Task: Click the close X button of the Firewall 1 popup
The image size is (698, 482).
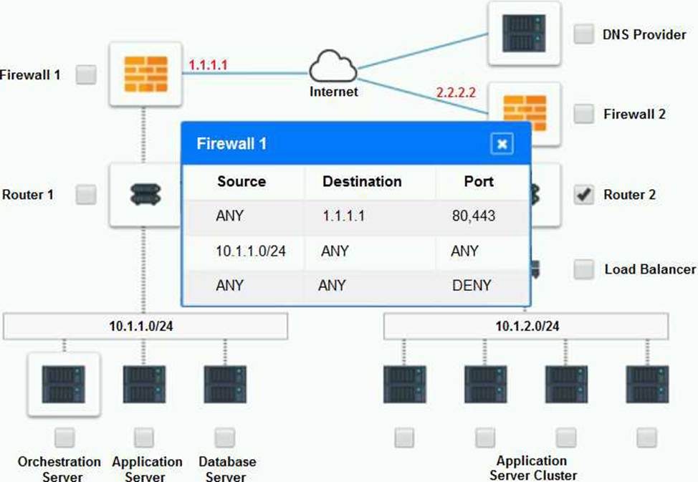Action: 502,144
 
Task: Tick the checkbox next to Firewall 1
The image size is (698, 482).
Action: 87,74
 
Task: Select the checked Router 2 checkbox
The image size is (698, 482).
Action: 585,195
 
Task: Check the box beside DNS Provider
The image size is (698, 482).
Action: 584,34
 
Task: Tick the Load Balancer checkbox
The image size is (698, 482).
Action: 585,269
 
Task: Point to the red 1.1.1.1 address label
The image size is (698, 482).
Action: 208,65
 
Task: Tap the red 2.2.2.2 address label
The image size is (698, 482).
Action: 456,92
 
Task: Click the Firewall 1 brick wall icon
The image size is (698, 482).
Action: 144,74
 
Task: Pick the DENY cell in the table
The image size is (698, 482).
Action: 472,285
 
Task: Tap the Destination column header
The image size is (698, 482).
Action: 362,181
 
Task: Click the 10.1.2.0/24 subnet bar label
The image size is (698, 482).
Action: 527,327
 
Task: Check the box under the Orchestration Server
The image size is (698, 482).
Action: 64,436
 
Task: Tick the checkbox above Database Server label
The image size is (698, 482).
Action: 225,436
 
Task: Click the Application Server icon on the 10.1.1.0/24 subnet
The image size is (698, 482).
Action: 144,384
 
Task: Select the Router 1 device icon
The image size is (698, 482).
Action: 145,194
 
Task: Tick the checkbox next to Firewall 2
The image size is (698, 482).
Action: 585,113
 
